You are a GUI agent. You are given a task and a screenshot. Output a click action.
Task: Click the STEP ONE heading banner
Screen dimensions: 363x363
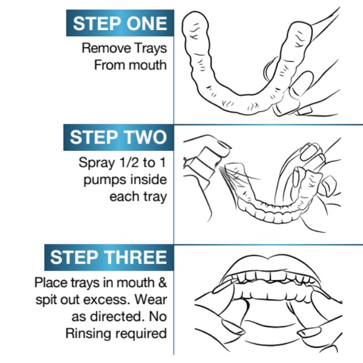[x=120, y=23]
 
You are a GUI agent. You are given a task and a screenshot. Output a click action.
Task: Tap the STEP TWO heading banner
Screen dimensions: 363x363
[x=119, y=137]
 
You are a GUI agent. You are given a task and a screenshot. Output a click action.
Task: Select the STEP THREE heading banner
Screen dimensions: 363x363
[x=109, y=257]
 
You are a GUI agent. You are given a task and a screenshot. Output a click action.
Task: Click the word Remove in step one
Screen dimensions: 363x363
[x=106, y=48]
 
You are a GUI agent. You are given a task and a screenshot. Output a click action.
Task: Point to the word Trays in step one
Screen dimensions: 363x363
[x=150, y=49]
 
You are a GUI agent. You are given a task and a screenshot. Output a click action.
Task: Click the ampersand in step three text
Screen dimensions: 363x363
[x=163, y=282]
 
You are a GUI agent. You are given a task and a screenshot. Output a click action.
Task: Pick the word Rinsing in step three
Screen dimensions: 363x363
[x=89, y=334]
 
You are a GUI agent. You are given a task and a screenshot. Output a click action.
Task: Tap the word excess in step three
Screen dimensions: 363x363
[x=107, y=300]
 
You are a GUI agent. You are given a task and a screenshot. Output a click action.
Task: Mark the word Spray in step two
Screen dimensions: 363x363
[x=97, y=163]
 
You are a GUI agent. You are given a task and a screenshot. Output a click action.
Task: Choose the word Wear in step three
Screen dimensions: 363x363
[x=151, y=299]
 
